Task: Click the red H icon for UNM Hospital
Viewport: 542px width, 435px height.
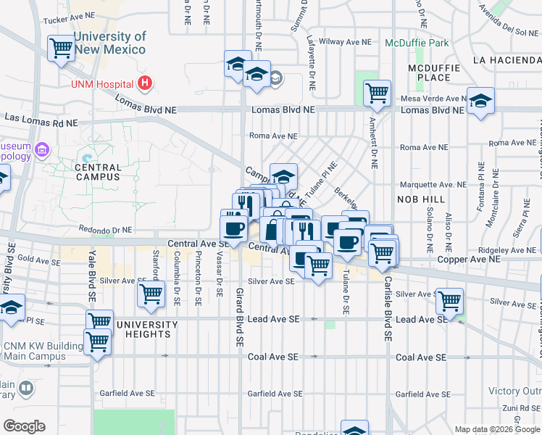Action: (x=145, y=83)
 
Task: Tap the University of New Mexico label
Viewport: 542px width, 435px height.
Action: (x=109, y=43)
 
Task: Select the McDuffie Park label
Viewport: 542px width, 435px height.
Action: (x=417, y=43)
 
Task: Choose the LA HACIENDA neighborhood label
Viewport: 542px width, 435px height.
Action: (x=506, y=59)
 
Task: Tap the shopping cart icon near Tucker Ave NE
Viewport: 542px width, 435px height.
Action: (x=61, y=49)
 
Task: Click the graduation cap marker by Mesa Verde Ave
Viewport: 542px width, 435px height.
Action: (x=480, y=101)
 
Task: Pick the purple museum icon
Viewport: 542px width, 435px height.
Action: (x=42, y=151)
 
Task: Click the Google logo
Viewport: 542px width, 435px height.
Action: (x=24, y=426)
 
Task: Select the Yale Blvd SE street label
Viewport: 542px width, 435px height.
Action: (x=92, y=276)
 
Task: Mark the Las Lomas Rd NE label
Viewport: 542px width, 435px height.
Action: (x=41, y=118)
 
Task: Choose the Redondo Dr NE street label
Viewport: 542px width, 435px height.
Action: (x=104, y=228)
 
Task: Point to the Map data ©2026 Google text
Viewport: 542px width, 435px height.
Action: (x=496, y=429)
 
